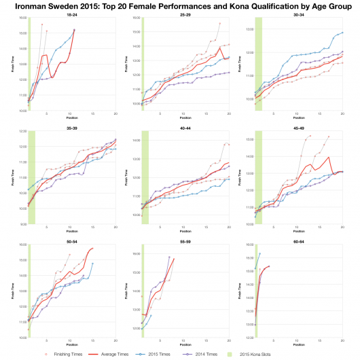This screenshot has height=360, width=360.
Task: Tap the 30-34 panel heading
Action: pos(298,13)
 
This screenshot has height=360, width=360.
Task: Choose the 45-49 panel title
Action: pos(298,126)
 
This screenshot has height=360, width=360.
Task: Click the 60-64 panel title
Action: pos(298,238)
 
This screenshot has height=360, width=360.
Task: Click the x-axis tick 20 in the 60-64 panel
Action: pos(342,339)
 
